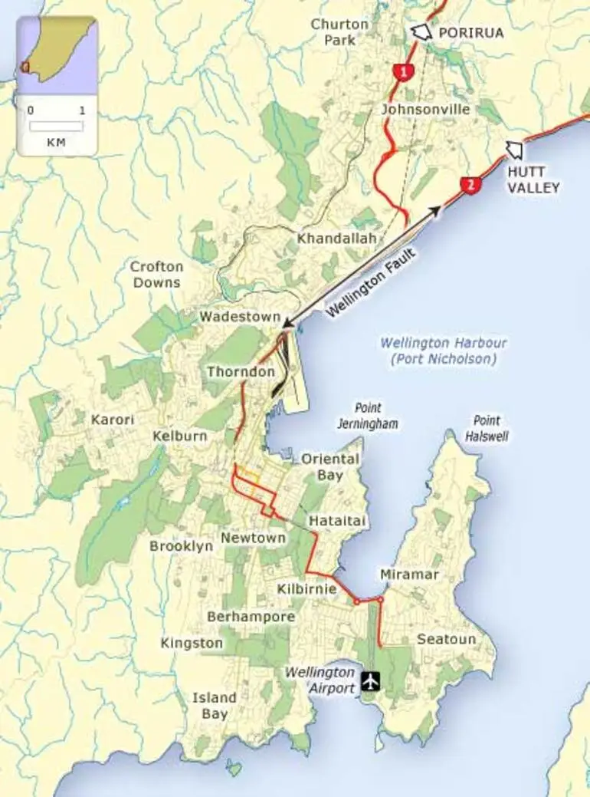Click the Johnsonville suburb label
pyautogui.click(x=425, y=110)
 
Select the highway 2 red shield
pyautogui.click(x=470, y=186)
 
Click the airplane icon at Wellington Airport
pyautogui.click(x=371, y=680)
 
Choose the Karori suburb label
pyautogui.click(x=112, y=420)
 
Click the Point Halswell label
pyautogui.click(x=487, y=428)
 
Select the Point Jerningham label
pyautogui.click(x=368, y=416)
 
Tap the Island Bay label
pyautogui.click(x=214, y=706)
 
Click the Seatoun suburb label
pyautogui.click(x=446, y=639)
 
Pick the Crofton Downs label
pyautogui.click(x=156, y=275)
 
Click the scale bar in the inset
pyautogui.click(x=56, y=125)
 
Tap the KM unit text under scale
pyautogui.click(x=56, y=142)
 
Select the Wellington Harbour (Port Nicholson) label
pyautogui.click(x=444, y=351)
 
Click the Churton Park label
pyautogui.click(x=339, y=31)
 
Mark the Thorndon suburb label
pyautogui.click(x=241, y=372)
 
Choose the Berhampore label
pyautogui.click(x=251, y=617)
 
